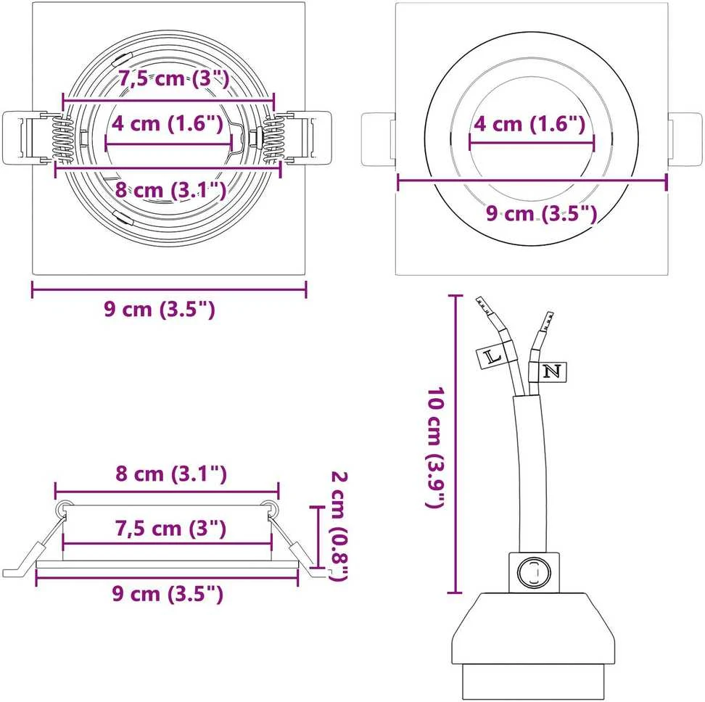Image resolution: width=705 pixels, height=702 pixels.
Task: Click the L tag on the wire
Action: coord(490,358)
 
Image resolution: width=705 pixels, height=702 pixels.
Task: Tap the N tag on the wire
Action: coord(552,372)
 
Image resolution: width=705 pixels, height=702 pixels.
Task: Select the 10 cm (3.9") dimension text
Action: coord(437,447)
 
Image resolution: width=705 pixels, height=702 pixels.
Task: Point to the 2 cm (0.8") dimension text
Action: coord(339,525)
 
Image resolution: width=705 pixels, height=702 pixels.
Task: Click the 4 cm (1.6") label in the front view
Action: coord(529,123)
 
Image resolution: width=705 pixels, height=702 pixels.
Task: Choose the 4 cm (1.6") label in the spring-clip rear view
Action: coord(168,123)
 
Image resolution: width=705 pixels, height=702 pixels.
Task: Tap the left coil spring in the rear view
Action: coord(62,139)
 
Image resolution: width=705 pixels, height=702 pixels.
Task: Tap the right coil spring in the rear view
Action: coord(273,139)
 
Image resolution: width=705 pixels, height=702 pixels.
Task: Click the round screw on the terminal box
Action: coord(534,573)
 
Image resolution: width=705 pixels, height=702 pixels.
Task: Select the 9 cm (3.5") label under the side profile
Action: coord(168,594)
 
